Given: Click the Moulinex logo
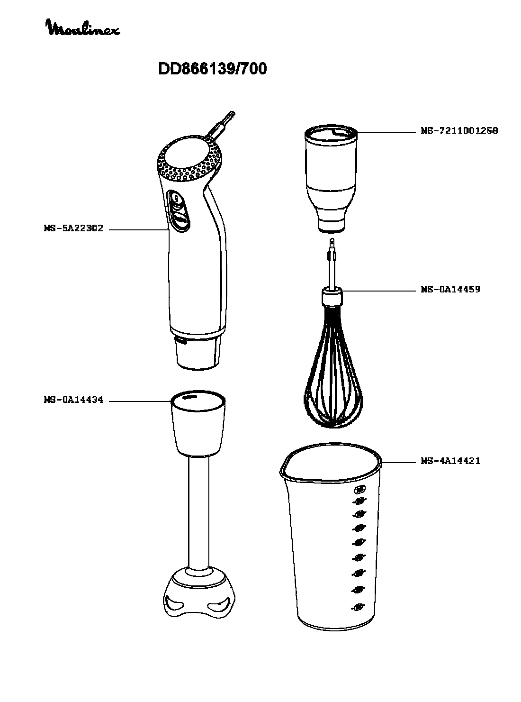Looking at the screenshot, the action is pyautogui.click(x=83, y=28).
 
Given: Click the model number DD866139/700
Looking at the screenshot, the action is pyautogui.click(x=212, y=69).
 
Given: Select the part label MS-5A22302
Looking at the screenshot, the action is pyautogui.click(x=73, y=228).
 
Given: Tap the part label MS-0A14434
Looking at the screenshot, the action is pyautogui.click(x=73, y=400).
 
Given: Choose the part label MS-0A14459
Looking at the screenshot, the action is pyautogui.click(x=450, y=289).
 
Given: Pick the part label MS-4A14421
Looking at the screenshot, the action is pyautogui.click(x=450, y=461).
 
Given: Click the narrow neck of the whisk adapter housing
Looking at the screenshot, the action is pyautogui.click(x=332, y=219).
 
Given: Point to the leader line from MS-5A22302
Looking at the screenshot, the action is pyautogui.click(x=139, y=230).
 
